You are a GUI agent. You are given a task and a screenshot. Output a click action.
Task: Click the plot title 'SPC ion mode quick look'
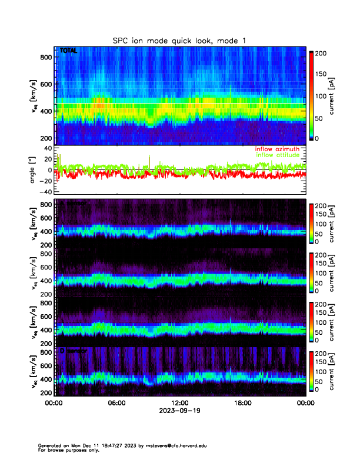pos(180,40)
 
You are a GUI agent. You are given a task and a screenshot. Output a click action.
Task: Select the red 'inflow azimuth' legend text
pos(279,149)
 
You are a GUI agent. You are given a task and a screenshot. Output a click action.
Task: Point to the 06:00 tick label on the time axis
pos(116,403)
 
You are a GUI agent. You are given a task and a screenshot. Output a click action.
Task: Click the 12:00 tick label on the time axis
pos(179,403)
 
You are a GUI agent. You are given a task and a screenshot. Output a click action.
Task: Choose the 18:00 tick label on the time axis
pos(242,403)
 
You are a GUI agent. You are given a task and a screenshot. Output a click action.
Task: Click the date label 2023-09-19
pos(179,411)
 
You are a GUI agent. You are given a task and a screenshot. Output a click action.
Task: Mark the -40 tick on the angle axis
pos(45,192)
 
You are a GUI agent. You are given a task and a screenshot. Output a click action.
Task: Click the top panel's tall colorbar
pos(312,96)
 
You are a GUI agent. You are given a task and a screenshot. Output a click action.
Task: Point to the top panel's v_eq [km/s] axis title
pos(34,97)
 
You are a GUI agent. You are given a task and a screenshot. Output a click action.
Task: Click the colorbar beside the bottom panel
pos(312,371)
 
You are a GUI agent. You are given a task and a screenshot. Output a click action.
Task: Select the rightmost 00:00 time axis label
pos(305,403)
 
